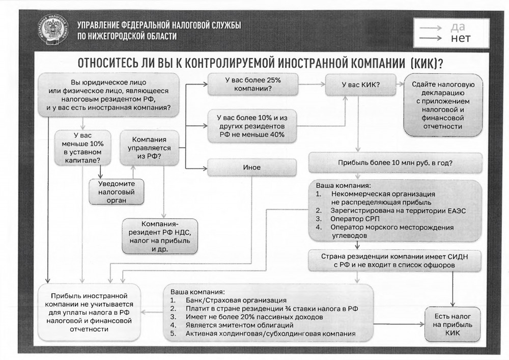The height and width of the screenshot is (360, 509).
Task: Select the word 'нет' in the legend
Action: (x=461, y=38)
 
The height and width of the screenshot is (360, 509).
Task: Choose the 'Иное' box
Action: (x=252, y=167)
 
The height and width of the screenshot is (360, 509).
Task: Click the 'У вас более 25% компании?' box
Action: (x=252, y=85)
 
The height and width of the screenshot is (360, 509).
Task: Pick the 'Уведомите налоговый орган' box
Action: (x=116, y=192)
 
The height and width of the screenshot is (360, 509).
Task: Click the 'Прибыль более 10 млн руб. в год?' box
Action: (x=395, y=163)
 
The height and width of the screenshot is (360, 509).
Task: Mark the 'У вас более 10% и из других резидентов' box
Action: (x=252, y=126)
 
